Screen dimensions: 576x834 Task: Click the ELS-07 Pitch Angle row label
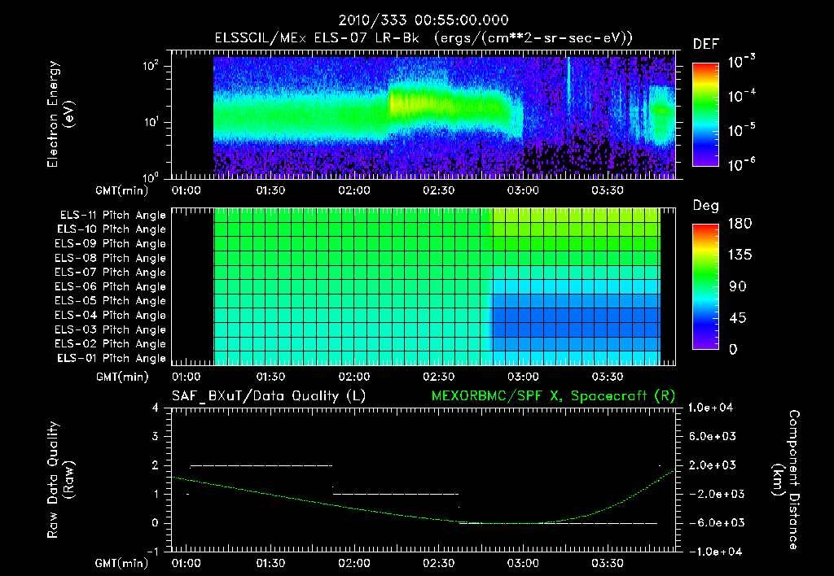point(110,273)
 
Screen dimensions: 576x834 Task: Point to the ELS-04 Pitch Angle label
point(110,316)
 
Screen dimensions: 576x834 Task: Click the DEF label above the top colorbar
point(705,45)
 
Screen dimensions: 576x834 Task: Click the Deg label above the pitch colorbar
point(705,206)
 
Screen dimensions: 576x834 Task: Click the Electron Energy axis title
point(59,114)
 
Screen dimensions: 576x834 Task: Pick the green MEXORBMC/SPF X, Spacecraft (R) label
point(553,395)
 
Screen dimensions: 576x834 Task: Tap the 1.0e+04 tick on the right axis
point(713,408)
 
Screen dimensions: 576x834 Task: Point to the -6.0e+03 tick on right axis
point(713,522)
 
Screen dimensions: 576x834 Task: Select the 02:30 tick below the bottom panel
point(439,562)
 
